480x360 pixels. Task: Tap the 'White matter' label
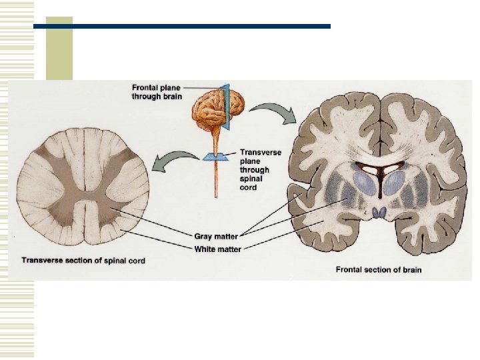pos(218,249)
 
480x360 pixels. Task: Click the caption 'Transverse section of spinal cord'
pos(83,260)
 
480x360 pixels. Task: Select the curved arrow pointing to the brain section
pos(275,112)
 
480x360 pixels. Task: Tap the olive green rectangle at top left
pos(59,50)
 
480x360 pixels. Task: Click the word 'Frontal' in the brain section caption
pos(349,270)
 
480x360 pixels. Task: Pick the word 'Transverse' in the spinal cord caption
pos(41,260)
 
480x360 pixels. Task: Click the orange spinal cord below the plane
pos(215,180)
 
